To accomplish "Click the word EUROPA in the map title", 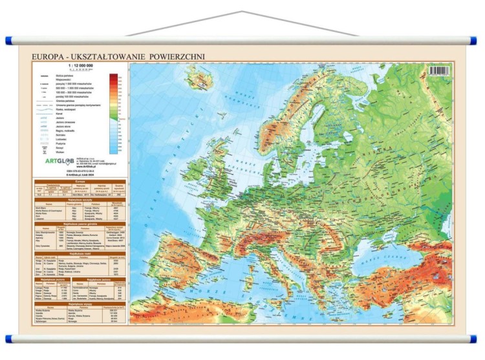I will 47,57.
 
